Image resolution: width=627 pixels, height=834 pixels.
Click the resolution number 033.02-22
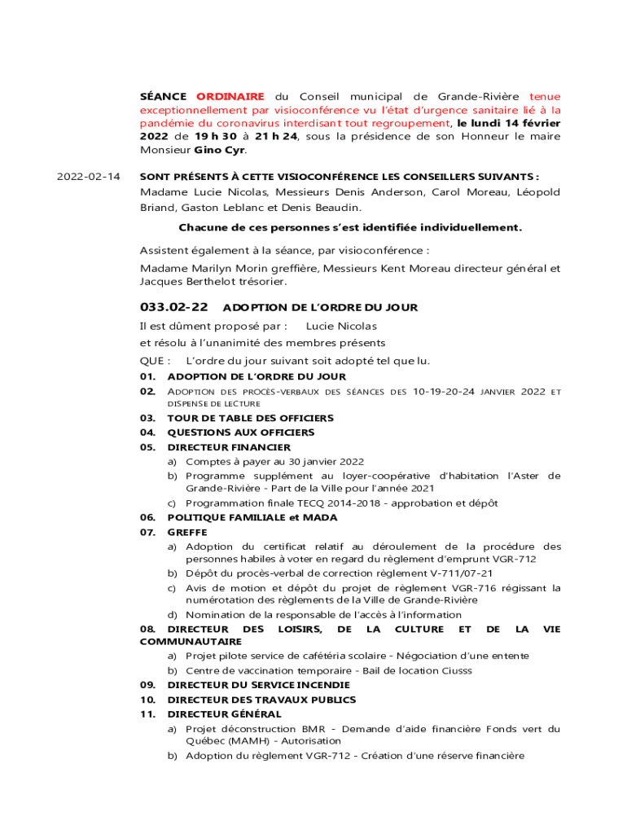tap(174, 307)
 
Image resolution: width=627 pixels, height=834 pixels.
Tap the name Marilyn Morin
tap(214, 268)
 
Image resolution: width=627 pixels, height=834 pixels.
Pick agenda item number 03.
tap(147, 418)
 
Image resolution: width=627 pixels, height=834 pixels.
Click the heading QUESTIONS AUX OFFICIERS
tap(240, 432)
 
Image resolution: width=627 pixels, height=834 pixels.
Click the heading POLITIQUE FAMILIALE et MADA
tap(252, 517)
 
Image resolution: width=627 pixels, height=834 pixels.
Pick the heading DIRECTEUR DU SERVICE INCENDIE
tap(258, 685)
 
